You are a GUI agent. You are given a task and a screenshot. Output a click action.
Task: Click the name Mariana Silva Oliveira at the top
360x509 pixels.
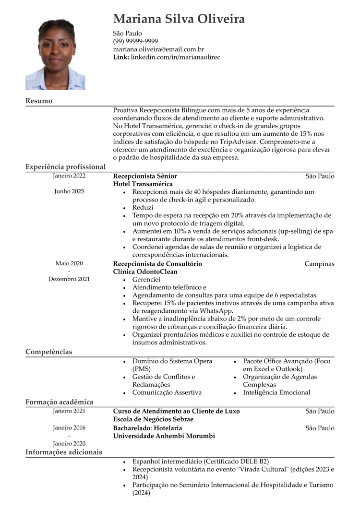point(179,19)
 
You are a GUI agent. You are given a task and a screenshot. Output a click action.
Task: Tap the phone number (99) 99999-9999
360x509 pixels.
point(135,41)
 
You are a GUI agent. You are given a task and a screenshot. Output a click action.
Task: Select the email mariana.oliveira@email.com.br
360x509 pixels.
point(158,49)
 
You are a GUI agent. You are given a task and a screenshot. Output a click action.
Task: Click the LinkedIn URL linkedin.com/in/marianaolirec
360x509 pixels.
point(175,57)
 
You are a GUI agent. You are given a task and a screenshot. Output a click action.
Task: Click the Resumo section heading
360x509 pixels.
point(39,101)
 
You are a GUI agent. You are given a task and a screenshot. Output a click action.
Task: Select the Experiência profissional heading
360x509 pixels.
point(65,167)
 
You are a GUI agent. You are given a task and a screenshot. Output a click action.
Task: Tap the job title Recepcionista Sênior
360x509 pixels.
point(145,176)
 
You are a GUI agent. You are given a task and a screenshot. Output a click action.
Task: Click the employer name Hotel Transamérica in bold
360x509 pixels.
point(143,184)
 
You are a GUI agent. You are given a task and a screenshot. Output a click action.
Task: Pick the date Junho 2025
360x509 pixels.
point(69,191)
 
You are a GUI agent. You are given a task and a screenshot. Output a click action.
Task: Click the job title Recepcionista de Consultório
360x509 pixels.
point(157,264)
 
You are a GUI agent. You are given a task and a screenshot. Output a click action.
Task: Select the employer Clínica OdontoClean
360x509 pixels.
point(145,272)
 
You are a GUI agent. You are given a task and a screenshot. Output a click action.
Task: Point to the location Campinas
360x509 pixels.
point(319,264)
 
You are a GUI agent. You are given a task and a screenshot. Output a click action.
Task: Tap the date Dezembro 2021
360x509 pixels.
point(69,279)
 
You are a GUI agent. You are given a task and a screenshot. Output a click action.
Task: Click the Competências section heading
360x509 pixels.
point(48,352)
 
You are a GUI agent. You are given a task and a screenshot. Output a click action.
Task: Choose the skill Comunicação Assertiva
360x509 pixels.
point(167,392)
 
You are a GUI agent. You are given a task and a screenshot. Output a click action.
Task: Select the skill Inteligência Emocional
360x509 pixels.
point(276,392)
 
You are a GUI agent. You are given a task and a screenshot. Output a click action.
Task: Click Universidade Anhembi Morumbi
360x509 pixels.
point(164,436)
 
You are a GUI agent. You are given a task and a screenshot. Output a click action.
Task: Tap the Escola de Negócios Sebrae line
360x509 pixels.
point(153,419)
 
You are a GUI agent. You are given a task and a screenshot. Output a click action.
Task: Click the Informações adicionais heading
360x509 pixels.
point(64,452)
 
